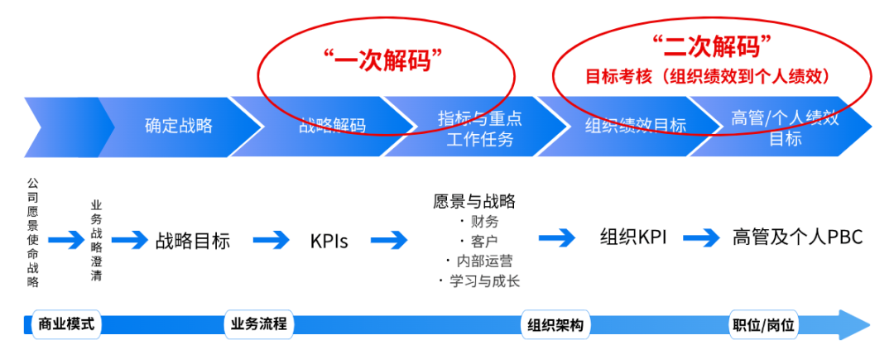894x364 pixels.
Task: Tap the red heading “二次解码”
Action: point(712,45)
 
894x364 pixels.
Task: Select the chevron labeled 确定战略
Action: point(179,126)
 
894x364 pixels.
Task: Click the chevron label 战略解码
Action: point(332,127)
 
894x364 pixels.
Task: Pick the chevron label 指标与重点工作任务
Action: point(479,127)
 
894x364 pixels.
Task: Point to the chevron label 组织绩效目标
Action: point(635,127)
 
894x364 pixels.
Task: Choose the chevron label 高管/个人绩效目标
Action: point(786,127)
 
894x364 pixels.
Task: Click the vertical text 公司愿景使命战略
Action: point(33,232)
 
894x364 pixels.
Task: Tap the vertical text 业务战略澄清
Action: point(96,241)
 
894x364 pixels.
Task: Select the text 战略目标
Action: point(192,241)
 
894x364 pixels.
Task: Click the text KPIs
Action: point(329,241)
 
